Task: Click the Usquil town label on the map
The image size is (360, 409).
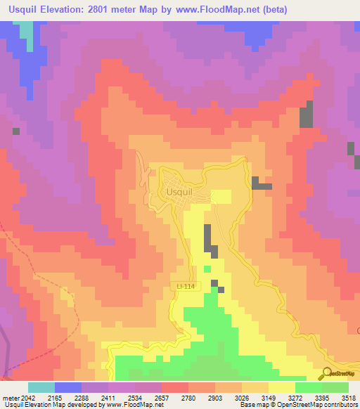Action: click(x=178, y=190)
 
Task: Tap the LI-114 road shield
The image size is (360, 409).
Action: click(x=185, y=285)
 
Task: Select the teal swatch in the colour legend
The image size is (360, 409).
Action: click(x=41, y=387)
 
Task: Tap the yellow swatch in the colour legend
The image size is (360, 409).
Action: click(x=281, y=387)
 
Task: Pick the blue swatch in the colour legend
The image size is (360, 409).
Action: click(x=68, y=387)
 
